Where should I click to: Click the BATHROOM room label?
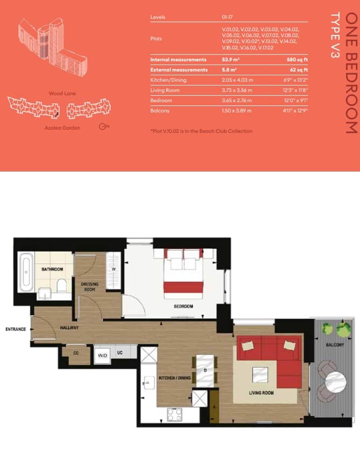[x=53, y=269]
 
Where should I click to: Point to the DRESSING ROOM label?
[x=89, y=286]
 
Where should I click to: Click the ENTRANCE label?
[x=16, y=329]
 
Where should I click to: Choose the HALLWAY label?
[x=69, y=327]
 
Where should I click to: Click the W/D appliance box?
[x=102, y=356]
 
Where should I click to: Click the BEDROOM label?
[x=183, y=307]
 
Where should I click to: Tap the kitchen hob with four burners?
[x=175, y=415]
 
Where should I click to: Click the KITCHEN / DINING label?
[x=175, y=378]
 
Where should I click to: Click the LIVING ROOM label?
[x=261, y=393]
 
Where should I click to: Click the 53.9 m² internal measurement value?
[x=231, y=60]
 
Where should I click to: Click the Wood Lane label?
[x=62, y=94]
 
